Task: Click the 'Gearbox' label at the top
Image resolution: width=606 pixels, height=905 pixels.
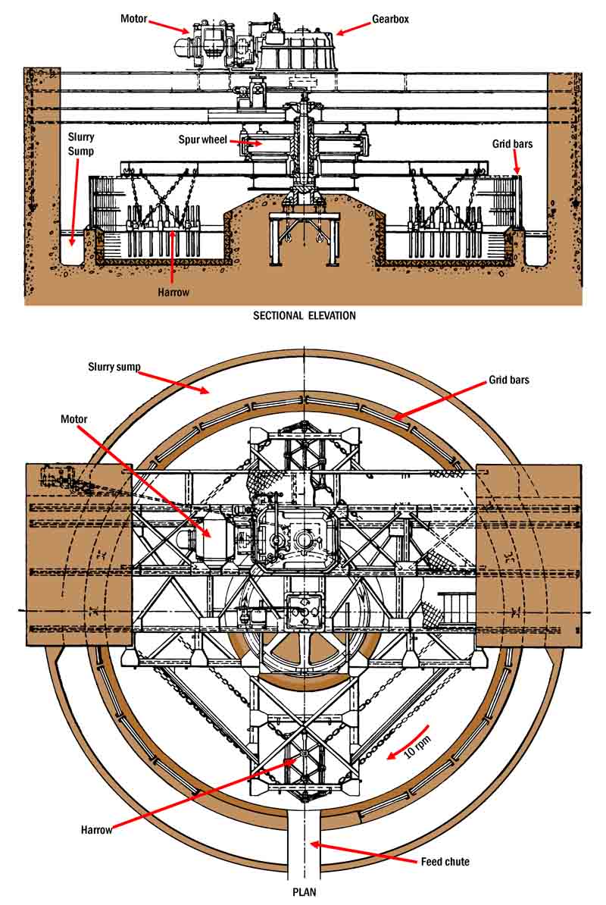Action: pos(390,19)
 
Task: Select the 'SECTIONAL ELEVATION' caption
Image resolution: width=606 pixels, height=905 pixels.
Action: pos(304,315)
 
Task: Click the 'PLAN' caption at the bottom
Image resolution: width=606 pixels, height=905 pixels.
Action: pos(304,892)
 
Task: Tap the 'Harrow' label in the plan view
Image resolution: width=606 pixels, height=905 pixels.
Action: pos(96,830)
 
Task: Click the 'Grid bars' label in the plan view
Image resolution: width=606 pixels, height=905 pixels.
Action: pos(508,379)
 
